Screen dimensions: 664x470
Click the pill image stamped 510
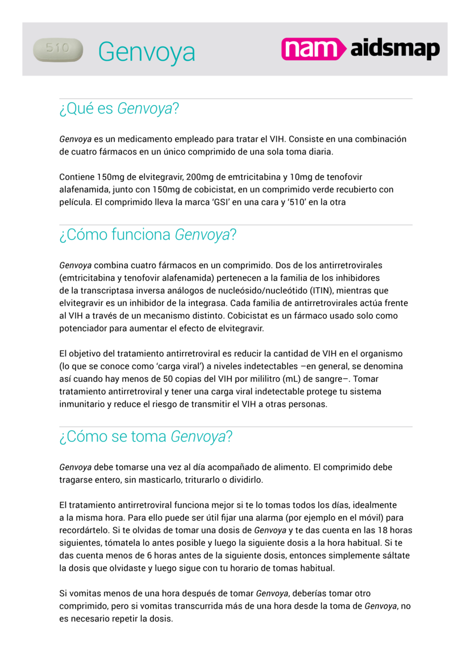click(58, 50)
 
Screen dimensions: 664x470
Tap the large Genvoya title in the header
click(147, 52)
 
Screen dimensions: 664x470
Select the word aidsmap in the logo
click(395, 50)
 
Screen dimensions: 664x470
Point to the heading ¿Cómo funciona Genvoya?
click(148, 235)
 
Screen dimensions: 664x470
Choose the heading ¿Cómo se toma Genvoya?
click(146, 436)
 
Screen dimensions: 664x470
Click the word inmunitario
click(84, 404)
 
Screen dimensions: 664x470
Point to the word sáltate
click(393, 555)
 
